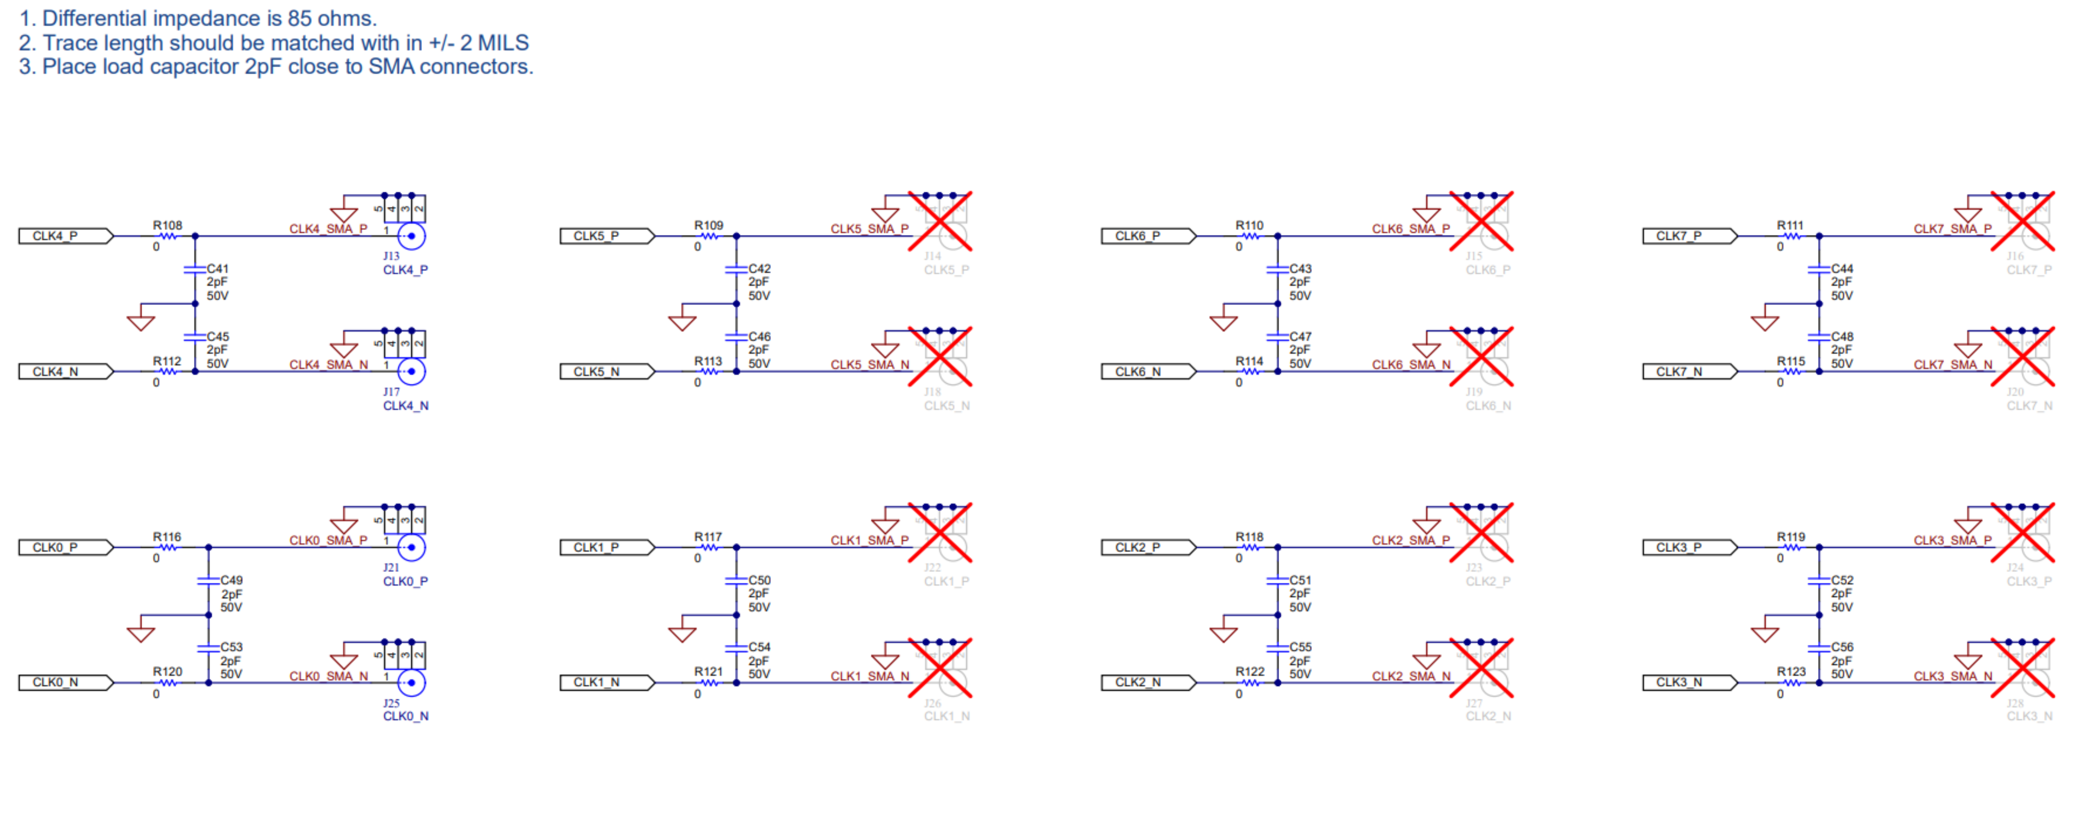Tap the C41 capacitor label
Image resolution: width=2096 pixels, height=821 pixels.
[x=218, y=268]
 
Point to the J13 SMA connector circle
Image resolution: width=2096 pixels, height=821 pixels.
[x=412, y=236]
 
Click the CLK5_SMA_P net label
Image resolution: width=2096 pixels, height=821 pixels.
[x=869, y=229]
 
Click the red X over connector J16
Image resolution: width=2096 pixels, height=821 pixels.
[x=2023, y=221]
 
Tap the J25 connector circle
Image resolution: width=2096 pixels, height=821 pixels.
[x=412, y=683]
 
